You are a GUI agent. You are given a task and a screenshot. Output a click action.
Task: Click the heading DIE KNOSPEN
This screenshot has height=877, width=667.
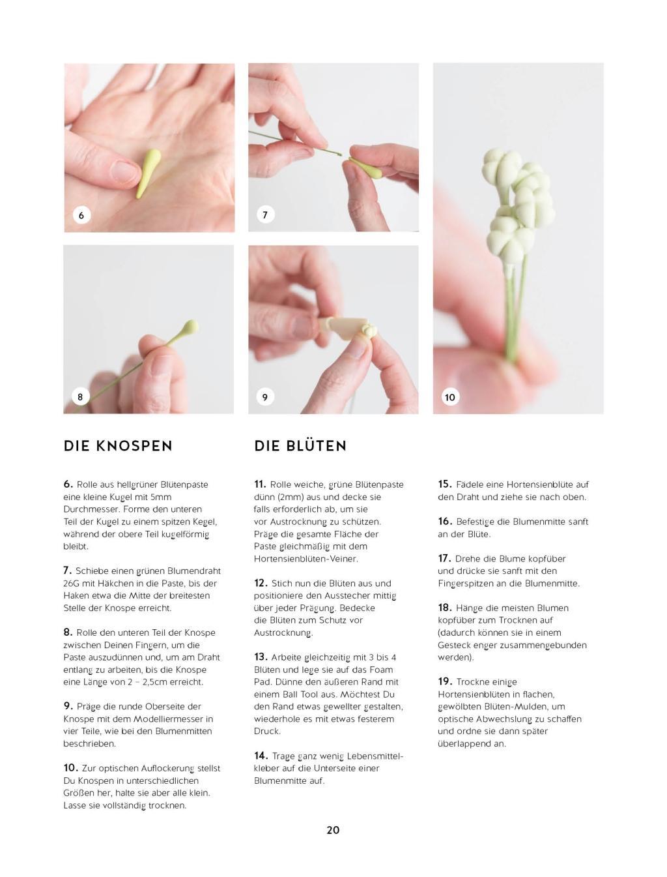pos(118,446)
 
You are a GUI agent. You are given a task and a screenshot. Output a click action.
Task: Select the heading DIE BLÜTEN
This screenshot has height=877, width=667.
pos(300,446)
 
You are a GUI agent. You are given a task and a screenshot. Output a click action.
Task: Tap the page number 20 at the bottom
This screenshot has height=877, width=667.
pos(333,830)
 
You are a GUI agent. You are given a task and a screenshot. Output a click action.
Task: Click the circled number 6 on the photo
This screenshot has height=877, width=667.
pos(81,215)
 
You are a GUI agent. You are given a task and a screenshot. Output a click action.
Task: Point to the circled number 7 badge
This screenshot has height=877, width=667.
pos(265,215)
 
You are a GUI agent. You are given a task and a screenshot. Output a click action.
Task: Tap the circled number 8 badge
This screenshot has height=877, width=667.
pos(80,396)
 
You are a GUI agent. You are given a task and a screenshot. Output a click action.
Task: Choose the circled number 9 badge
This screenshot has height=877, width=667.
pos(265,396)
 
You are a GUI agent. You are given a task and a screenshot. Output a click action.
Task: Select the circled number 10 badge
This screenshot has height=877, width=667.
pos(450,397)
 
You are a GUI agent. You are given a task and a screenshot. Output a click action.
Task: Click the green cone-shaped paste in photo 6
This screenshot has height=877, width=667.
pos(148,173)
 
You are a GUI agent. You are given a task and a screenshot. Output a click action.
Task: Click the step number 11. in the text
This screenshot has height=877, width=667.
pos(260,484)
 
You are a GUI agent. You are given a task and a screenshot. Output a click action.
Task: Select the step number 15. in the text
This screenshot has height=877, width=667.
pos(445,484)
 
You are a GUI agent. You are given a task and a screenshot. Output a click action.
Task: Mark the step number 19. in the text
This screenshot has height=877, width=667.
pos(445,681)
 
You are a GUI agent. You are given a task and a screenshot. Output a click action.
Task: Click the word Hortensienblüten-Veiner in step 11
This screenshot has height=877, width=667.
pos(305,559)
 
